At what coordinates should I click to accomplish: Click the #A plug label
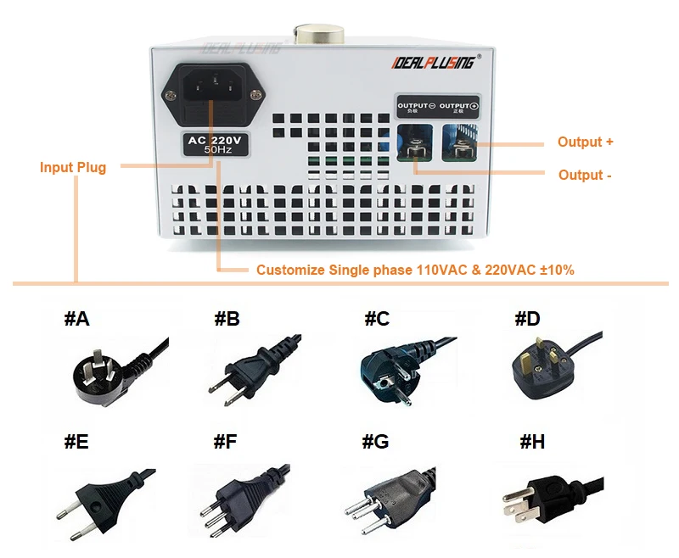[x=76, y=319]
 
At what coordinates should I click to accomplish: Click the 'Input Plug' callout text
[x=73, y=167]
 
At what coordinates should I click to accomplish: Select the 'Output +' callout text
[x=585, y=142]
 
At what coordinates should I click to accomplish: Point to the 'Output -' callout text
[x=585, y=175]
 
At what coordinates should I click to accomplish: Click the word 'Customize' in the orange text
[x=289, y=270]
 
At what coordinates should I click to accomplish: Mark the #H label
[x=532, y=441]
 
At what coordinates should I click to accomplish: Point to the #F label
[x=225, y=441]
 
